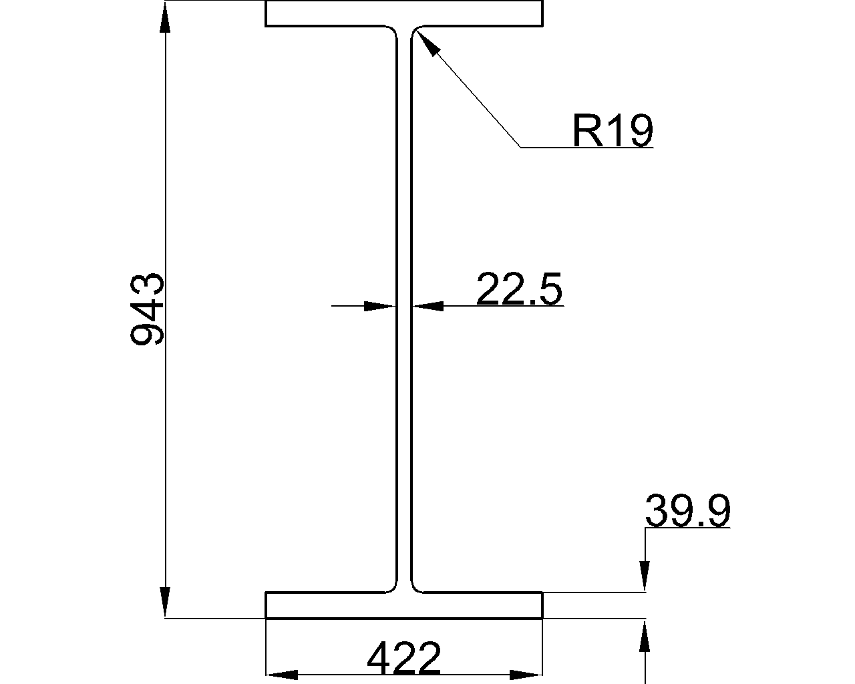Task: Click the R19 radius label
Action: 612,130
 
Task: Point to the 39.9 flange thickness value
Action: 687,512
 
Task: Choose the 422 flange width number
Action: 404,658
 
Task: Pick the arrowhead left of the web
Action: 379,307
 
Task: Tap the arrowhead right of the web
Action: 428,307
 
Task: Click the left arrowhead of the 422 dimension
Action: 281,675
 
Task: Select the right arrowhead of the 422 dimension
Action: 527,675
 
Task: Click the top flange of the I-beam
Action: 404,13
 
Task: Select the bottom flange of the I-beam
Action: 404,605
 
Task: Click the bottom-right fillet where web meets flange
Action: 416,586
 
